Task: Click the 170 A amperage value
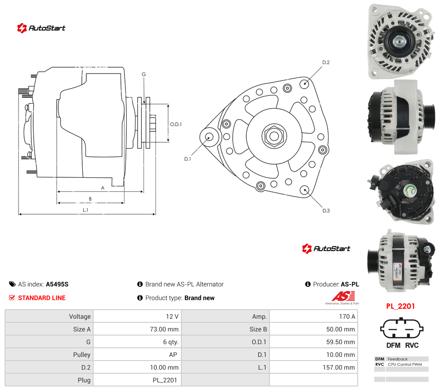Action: coord(347,316)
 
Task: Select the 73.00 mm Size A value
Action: coord(164,329)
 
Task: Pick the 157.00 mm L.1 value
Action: coord(339,367)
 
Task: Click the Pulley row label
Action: coord(82,355)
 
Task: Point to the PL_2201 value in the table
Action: coord(165,380)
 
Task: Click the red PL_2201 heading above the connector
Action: coord(400,306)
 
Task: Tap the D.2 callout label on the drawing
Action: coord(326,62)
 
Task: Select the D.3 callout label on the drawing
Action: coord(326,211)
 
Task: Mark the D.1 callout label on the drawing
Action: coord(187,159)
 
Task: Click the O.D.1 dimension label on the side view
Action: coord(176,124)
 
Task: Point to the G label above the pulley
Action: coord(144,74)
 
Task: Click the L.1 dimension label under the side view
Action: coord(85,210)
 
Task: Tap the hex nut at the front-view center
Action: coord(274,136)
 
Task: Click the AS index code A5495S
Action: coord(57,284)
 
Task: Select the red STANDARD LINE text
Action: coord(42,298)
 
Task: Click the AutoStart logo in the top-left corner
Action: coord(41,28)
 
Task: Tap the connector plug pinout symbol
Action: coord(402,329)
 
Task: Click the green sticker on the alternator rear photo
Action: coord(411,191)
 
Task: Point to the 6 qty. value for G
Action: coord(171,342)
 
